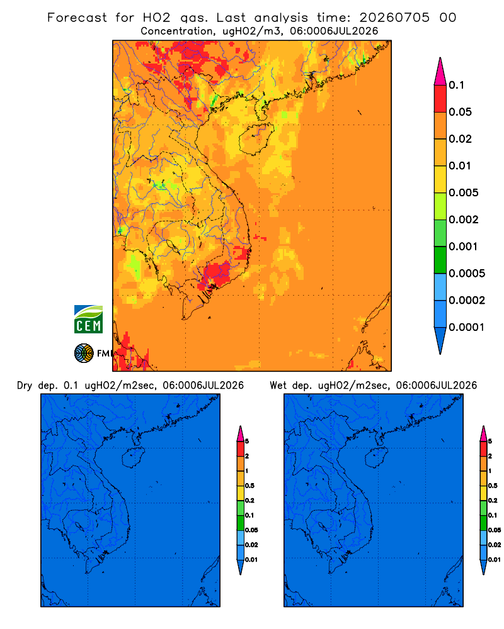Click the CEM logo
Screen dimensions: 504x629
[x=88, y=319]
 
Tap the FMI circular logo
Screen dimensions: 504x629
[x=84, y=353]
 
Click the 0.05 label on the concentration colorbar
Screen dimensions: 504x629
[x=460, y=112]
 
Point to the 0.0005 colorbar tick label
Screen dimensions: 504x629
[x=467, y=273]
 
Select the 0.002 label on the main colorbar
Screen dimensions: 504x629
[x=464, y=220]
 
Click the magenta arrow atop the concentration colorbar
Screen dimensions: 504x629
[x=440, y=71]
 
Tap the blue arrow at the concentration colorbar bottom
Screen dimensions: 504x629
[x=440, y=340]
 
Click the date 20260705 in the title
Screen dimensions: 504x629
[x=394, y=18]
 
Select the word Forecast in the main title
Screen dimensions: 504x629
[x=77, y=18]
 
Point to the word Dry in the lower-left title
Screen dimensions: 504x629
[x=25, y=386]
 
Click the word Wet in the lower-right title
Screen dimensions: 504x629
[x=278, y=386]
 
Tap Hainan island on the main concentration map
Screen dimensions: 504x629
[x=256, y=139]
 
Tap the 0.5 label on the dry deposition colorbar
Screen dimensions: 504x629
[x=249, y=486]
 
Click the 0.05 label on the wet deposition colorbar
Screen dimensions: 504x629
[x=495, y=530]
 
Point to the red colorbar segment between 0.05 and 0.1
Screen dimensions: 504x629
[x=440, y=99]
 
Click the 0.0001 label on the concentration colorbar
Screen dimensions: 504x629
[x=467, y=327]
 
